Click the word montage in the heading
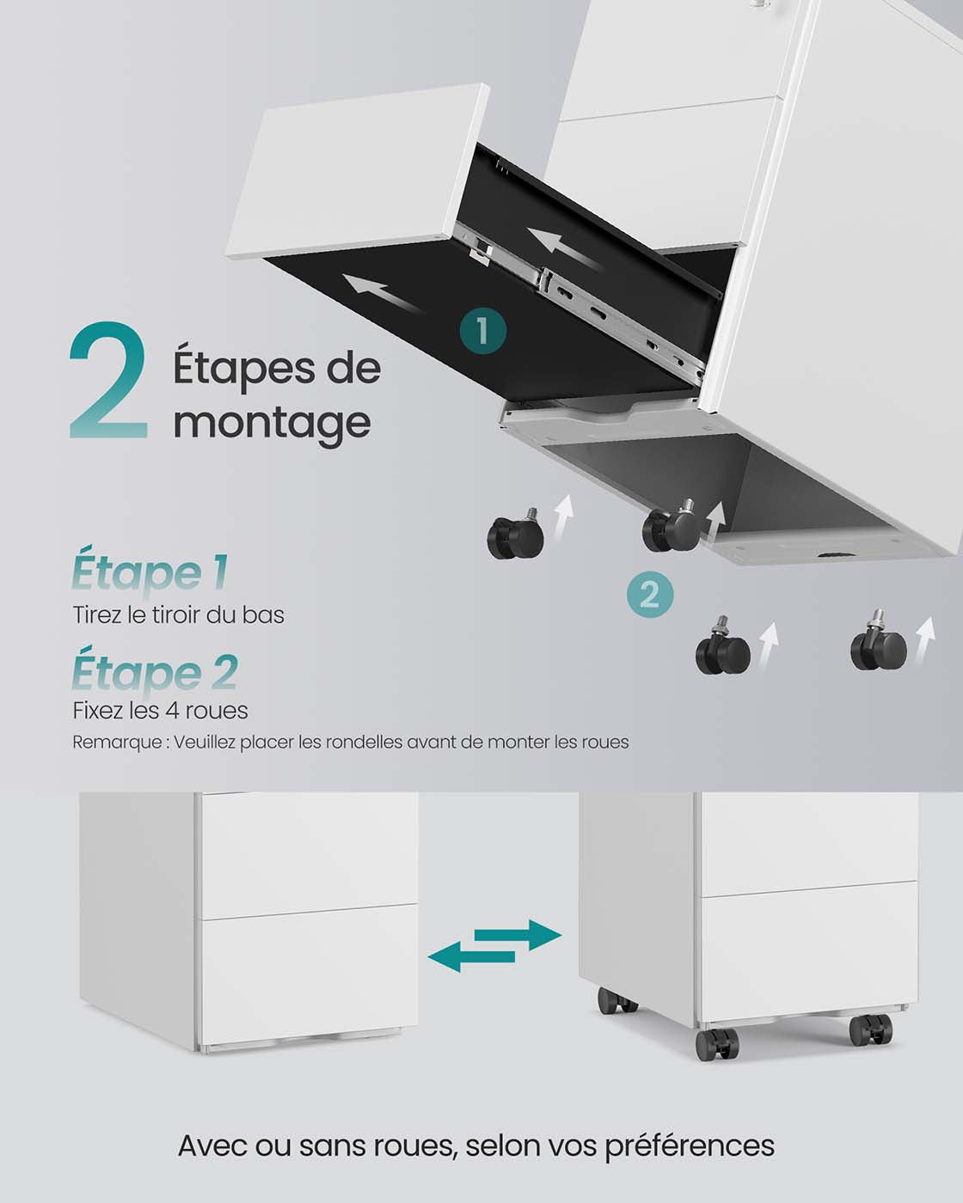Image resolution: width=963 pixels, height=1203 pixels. (272, 423)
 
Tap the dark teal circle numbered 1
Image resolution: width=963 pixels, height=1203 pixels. (483, 331)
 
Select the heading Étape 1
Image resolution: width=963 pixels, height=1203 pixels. (150, 572)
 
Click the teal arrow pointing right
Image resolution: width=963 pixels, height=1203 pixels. (518, 934)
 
